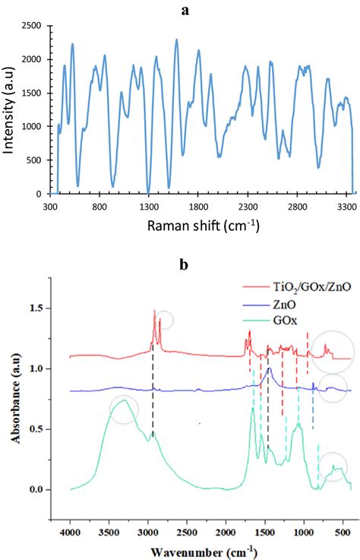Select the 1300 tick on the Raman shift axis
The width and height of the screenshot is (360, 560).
(149, 206)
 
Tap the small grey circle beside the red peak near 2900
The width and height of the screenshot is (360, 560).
(164, 320)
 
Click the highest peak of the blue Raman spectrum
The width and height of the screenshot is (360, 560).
(177, 40)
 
